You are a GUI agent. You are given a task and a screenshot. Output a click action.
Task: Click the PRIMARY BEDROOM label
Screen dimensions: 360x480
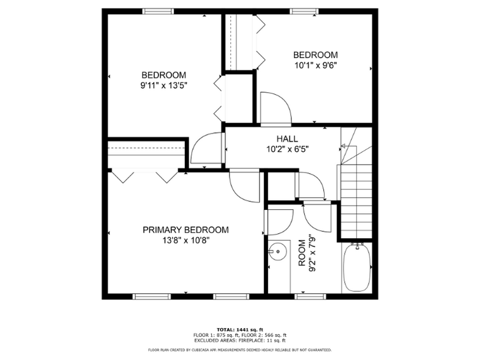click(186, 230)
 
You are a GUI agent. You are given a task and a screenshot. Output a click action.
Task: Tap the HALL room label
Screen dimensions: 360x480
click(287, 139)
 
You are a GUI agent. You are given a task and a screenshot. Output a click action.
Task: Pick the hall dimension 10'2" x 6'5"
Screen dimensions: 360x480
click(287, 149)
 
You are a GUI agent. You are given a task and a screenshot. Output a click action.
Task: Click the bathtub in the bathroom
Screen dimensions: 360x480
click(356, 268)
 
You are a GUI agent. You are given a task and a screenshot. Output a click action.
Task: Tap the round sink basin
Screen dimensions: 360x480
click(279, 251)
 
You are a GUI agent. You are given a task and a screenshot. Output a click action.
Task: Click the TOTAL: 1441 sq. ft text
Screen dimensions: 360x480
click(239, 329)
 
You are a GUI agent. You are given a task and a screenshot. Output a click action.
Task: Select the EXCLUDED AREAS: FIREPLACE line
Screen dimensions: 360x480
click(239, 340)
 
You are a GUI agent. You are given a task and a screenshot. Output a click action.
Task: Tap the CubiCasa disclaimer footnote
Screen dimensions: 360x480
click(239, 350)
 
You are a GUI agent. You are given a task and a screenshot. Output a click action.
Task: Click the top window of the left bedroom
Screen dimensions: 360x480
click(158, 10)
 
